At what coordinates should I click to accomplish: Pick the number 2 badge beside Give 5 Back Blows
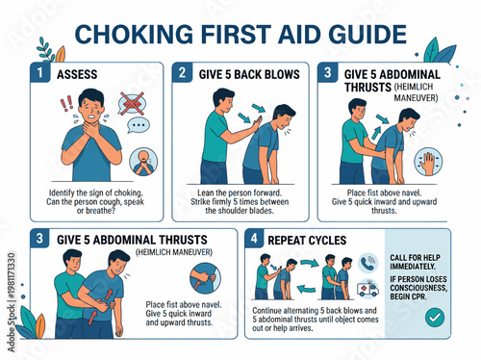click(x=181, y=72)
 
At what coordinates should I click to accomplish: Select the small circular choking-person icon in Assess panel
click(x=141, y=161)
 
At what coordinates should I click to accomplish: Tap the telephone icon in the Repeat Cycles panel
click(x=367, y=261)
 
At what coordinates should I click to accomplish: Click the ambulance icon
click(x=368, y=288)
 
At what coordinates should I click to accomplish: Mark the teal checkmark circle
click(x=435, y=315)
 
